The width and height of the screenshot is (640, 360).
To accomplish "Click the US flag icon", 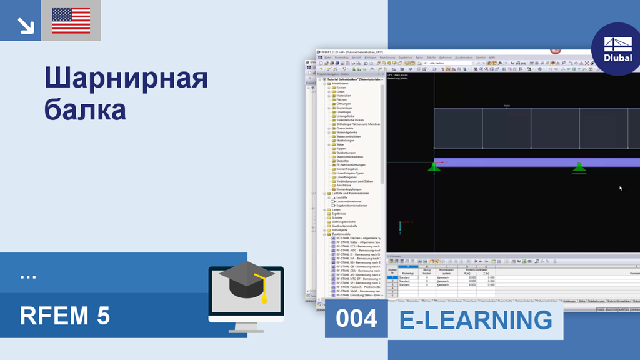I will (71, 21).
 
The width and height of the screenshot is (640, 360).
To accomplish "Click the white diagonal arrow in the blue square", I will (26, 25).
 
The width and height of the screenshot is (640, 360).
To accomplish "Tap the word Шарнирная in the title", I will (126, 79).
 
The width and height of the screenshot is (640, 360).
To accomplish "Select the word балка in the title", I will (86, 109).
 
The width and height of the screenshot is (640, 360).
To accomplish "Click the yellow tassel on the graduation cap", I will (264, 294).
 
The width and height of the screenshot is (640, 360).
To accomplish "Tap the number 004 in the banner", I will (356, 319).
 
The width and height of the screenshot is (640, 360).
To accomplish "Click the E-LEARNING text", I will (476, 320).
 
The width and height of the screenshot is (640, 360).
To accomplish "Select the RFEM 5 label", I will (64, 316).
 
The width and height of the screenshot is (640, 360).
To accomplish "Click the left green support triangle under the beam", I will (434, 166).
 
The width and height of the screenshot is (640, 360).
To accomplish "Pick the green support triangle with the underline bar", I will (579, 167).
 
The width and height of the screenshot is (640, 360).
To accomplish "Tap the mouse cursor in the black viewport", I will (620, 187).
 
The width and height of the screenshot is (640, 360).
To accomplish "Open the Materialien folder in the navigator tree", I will (344, 96).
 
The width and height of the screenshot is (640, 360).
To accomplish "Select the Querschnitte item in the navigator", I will (345, 128).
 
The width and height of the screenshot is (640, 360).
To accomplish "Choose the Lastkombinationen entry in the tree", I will (349, 201).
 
